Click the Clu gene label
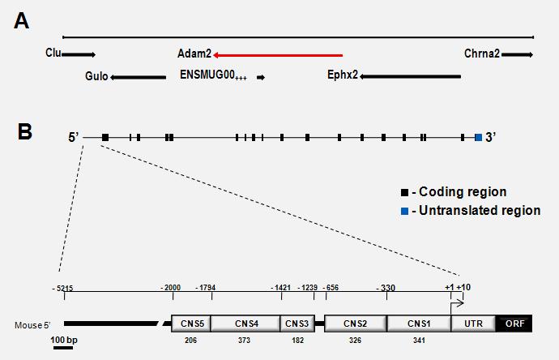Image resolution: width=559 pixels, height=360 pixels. (x=53, y=54)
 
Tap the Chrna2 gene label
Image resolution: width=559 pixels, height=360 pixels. (x=482, y=54)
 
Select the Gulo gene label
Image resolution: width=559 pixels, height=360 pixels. (x=96, y=78)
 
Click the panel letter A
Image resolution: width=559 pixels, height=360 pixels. (x=23, y=22)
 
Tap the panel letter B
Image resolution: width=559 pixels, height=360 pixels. (x=24, y=131)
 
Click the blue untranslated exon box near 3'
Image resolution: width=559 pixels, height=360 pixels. (x=478, y=138)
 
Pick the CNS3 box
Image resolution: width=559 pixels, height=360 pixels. (x=293, y=324)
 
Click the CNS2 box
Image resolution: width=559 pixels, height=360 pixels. (x=356, y=324)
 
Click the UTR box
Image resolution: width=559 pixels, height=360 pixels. (x=472, y=324)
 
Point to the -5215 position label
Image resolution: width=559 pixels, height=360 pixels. (x=62, y=288)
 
